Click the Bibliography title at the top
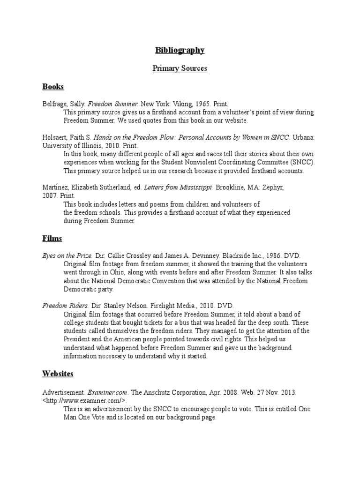click(x=180, y=50)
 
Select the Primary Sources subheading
click(x=180, y=68)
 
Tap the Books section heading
click(x=52, y=87)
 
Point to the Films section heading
click(x=52, y=238)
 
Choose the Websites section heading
click(x=58, y=374)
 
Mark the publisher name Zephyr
click(x=270, y=187)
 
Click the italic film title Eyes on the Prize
click(x=67, y=256)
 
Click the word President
click(x=78, y=339)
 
